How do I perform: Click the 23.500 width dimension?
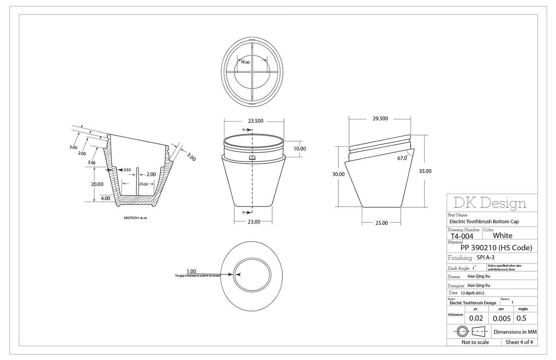(x=255, y=121)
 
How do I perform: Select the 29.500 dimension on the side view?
(x=380, y=118)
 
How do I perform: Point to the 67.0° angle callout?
(x=402, y=158)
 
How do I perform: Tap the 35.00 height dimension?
(x=425, y=171)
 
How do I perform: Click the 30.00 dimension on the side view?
(x=338, y=174)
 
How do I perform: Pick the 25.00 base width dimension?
(x=381, y=223)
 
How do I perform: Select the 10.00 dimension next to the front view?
(x=299, y=149)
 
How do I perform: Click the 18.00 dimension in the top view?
(x=245, y=62)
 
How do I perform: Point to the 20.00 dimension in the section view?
(x=97, y=184)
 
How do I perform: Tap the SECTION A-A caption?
(x=135, y=218)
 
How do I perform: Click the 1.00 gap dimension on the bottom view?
(x=191, y=271)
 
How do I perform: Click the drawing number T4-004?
(x=462, y=236)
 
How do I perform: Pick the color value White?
(x=502, y=236)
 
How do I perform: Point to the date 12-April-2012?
(x=472, y=293)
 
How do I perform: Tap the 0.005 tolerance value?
(x=502, y=319)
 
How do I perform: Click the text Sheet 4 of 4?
(x=519, y=342)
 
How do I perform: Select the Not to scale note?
(x=475, y=342)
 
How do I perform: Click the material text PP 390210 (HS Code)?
(x=496, y=248)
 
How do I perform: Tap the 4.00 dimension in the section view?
(x=105, y=198)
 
